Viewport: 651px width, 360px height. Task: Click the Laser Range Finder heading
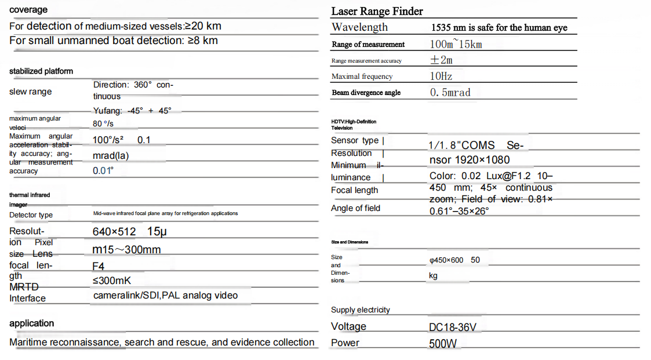[x=377, y=11]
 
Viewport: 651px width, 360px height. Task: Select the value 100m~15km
[x=456, y=44]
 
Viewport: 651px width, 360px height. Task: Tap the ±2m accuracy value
[x=441, y=60]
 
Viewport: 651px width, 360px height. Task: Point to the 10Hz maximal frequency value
[x=441, y=76]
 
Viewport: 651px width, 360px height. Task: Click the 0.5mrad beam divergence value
[x=450, y=92]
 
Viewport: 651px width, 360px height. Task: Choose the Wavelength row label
[x=359, y=27]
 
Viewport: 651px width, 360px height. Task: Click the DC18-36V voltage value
[x=452, y=328]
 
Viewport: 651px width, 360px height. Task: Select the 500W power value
[x=443, y=344]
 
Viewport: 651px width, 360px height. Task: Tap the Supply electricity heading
[x=360, y=310]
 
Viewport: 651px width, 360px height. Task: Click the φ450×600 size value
[x=446, y=260]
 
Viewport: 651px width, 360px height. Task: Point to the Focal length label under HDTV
[x=354, y=190]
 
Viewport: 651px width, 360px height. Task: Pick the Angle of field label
[x=355, y=208]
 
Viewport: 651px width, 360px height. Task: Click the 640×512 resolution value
[x=114, y=232]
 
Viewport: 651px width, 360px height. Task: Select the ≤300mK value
[x=112, y=281]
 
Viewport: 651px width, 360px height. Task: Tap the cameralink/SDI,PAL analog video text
[x=165, y=296]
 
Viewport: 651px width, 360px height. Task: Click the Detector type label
[x=31, y=215]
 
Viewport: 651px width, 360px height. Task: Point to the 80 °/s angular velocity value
[x=102, y=123]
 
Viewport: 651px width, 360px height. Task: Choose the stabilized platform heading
[x=41, y=71]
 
